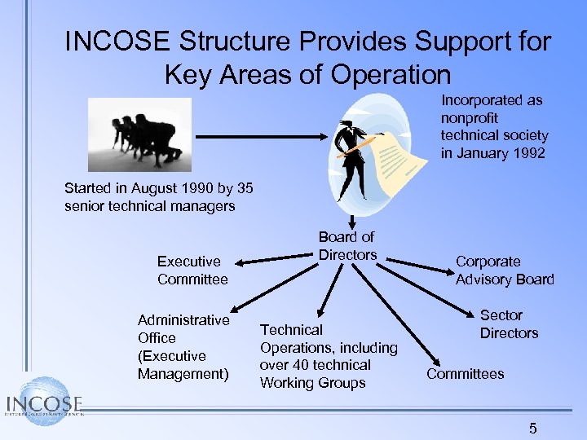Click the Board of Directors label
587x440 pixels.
[x=346, y=246]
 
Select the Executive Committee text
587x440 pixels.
[x=192, y=271]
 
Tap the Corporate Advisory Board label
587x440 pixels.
[x=504, y=271]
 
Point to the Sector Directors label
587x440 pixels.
[x=508, y=324]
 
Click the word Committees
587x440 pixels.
[x=465, y=374]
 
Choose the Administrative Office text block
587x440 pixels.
[x=183, y=347]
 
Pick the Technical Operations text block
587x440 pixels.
[x=328, y=356]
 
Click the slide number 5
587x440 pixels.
[x=532, y=428]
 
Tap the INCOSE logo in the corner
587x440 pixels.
[x=45, y=403]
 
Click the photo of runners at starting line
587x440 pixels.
[x=139, y=134]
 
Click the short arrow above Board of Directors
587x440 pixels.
[x=351, y=220]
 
